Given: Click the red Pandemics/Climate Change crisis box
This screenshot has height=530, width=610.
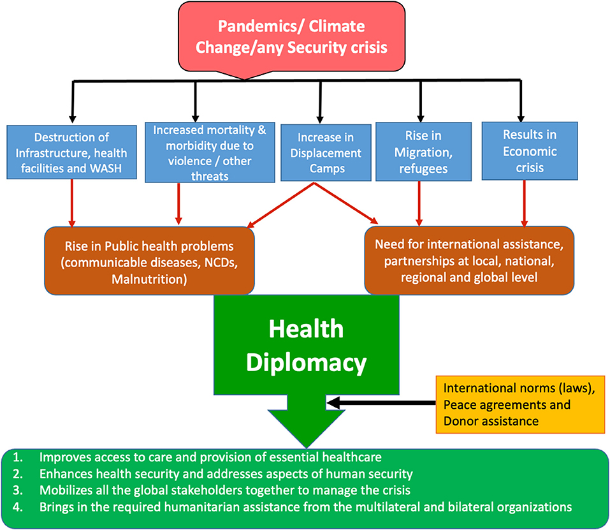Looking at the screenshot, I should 291,37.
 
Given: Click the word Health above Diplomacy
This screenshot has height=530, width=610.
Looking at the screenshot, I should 306,329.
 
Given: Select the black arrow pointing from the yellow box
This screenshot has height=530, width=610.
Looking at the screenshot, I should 381,403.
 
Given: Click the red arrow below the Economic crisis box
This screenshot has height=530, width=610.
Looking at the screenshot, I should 524,203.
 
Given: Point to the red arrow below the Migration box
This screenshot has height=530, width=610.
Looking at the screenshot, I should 419,203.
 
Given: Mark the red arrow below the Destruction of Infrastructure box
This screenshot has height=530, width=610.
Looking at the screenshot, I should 75,203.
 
